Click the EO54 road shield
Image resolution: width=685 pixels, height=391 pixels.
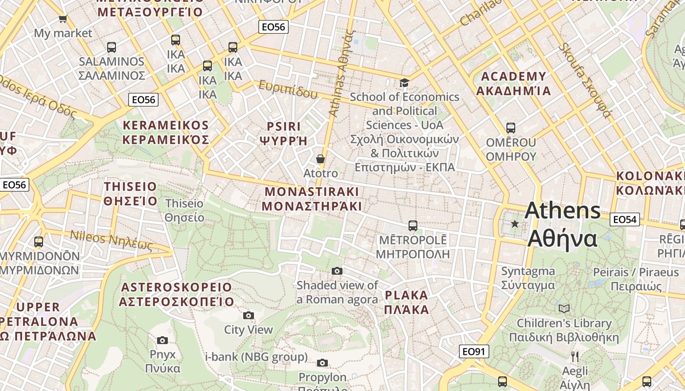coord(625,219)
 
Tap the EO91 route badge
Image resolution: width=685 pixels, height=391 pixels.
coord(474,351)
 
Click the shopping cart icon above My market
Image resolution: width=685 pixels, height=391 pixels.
coord(63,19)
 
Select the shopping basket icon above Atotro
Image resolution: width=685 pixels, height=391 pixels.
coord(320,159)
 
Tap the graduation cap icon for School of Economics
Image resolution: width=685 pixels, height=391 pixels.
coord(404,83)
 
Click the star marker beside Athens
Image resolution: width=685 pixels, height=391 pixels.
coord(514,224)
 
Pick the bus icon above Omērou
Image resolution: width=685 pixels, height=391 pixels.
coord(511,128)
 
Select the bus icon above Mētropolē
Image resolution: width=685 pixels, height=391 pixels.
coord(413,226)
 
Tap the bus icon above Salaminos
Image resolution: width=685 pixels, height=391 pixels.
coord(112,47)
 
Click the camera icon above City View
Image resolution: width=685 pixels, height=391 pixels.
coord(249,315)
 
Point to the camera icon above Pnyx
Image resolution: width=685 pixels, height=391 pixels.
coord(162,340)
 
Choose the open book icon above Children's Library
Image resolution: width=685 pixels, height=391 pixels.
coord(564,308)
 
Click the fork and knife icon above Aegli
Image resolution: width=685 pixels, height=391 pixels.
coord(575,356)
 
